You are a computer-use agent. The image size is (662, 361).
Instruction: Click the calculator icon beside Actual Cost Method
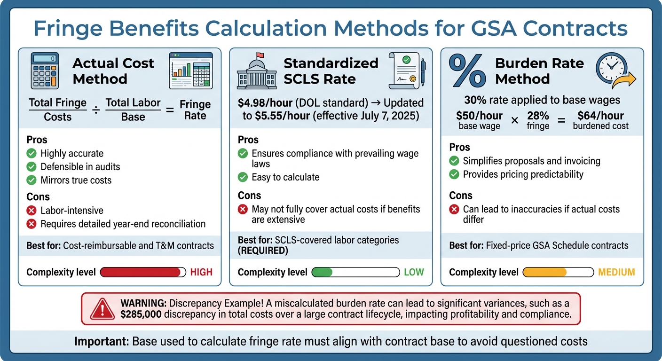pos(45,71)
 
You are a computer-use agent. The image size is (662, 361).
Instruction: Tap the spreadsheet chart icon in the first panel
pos(190,71)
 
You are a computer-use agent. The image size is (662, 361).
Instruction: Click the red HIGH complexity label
pos(201,272)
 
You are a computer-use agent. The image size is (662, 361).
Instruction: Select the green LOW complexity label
pos(414,272)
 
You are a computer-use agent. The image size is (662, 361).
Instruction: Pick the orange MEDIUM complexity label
pos(616,272)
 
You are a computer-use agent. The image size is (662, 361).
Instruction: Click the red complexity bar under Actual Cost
pos(141,272)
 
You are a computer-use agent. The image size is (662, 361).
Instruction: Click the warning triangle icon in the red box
pos(102,309)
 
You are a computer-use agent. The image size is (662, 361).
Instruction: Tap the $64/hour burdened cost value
pos(601,116)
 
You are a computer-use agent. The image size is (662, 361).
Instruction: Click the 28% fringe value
pos(538,116)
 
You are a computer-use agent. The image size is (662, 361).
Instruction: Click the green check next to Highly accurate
pos(32,153)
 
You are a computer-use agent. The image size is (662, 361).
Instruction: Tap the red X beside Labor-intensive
pos(32,211)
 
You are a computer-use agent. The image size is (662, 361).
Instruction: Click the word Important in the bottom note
pos(101,341)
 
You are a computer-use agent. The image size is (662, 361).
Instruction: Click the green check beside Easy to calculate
pos(243,177)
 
